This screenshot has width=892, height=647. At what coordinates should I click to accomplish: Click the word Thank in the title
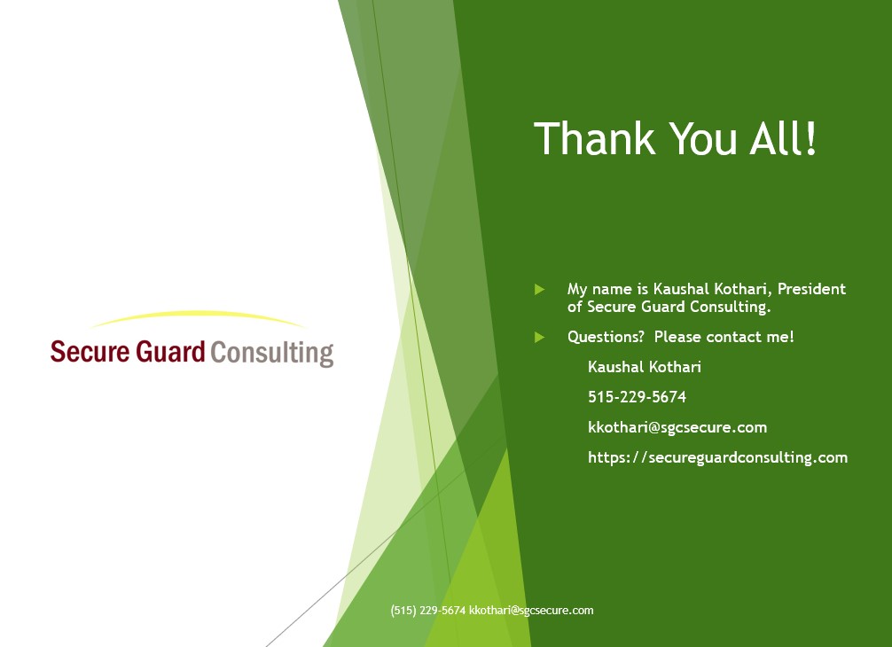click(595, 138)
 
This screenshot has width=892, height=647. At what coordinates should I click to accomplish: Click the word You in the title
click(703, 138)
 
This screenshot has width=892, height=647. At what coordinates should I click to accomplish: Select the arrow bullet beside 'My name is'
click(540, 290)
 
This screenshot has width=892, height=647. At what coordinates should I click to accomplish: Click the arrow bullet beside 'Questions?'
click(540, 337)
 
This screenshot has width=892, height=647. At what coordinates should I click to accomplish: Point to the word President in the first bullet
click(812, 289)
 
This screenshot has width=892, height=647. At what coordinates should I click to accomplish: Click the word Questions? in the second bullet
click(606, 337)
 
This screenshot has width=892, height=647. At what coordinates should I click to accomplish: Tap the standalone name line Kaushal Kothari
click(645, 367)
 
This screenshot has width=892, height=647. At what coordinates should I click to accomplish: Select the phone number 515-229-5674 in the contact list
click(638, 397)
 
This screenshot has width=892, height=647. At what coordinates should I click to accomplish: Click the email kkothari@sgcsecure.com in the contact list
click(677, 427)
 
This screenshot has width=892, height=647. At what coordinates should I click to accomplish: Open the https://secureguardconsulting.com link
click(718, 457)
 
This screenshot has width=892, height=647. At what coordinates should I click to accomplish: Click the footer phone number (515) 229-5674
click(427, 610)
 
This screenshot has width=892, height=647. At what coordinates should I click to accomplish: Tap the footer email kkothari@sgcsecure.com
click(531, 610)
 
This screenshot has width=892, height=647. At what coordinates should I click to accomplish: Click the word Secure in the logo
click(90, 351)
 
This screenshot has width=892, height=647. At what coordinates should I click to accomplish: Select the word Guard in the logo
click(170, 351)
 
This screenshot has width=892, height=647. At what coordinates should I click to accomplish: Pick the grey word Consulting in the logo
click(272, 354)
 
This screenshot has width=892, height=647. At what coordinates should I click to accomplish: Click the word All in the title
click(774, 138)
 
